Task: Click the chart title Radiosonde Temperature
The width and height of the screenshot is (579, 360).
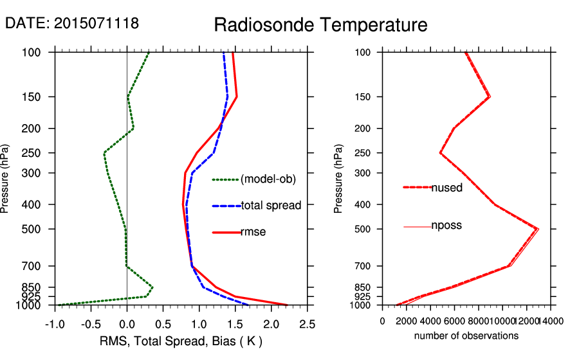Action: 320,25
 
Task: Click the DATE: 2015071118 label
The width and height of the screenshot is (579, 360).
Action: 72,23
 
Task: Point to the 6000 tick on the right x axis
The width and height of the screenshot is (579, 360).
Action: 454,321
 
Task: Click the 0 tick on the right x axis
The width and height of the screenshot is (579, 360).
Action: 383,321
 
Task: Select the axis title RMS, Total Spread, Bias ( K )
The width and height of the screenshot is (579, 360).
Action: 181,340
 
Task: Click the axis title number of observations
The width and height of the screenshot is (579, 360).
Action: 466,336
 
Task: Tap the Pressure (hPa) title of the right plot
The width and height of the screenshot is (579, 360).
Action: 339,179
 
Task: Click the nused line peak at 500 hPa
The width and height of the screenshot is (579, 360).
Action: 537,229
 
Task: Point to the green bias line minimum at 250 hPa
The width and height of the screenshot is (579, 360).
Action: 104,153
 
